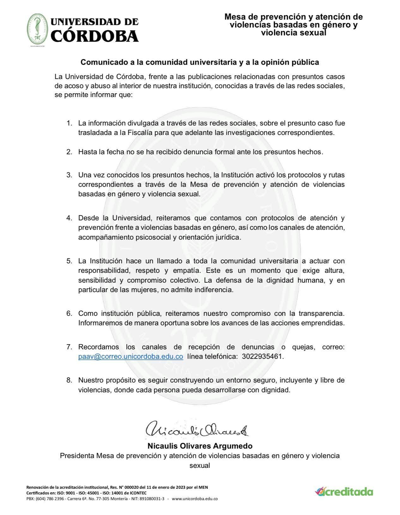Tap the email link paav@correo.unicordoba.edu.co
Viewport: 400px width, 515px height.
[x=131, y=356]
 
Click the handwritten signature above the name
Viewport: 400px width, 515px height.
[x=197, y=430]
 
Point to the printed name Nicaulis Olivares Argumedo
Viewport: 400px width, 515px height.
[x=200, y=446]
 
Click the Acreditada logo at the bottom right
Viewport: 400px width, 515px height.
[x=344, y=492]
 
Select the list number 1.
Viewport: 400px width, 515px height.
[x=69, y=123]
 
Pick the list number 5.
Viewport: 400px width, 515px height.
[x=69, y=261]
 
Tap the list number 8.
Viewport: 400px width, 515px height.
[x=69, y=380]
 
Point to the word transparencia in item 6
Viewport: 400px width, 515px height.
[x=320, y=314]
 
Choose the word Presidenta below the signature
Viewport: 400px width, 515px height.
[x=77, y=456]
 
